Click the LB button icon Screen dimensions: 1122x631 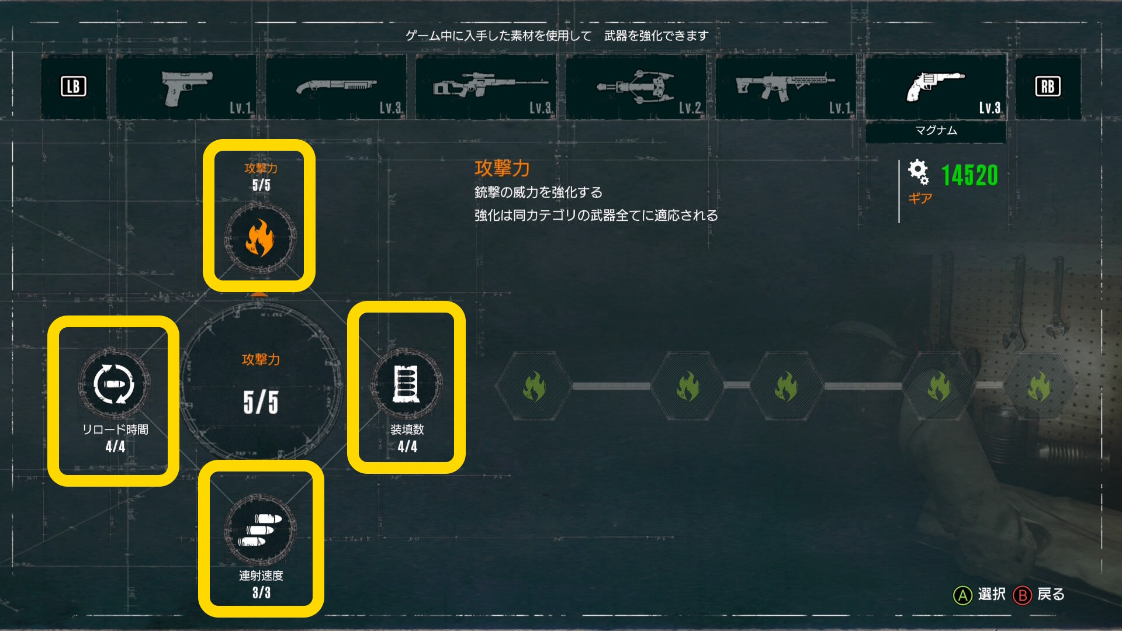coord(74,86)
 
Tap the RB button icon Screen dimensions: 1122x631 coord(1048,86)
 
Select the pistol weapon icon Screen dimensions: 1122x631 coord(186,87)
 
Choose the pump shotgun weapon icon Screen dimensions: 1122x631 coord(335,86)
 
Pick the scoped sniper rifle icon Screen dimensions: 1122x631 coord(490,85)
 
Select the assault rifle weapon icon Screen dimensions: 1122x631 coord(785,86)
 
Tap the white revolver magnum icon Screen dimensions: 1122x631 coord(934,86)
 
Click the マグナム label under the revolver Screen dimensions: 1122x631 coord(936,130)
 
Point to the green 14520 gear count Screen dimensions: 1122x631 coord(969,175)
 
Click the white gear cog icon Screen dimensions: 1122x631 coord(918,172)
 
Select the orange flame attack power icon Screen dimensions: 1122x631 coord(260,238)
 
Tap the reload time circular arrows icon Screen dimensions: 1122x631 coord(115,384)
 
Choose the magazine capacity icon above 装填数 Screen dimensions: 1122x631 coord(406,384)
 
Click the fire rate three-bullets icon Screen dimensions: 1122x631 coord(261,529)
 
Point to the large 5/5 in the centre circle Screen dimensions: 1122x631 coord(261,402)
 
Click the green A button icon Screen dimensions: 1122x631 coord(962,595)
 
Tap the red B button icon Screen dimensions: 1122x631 coord(1022,595)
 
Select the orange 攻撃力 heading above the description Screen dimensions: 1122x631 coord(502,168)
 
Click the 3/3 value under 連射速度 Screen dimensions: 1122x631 coord(261,592)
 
